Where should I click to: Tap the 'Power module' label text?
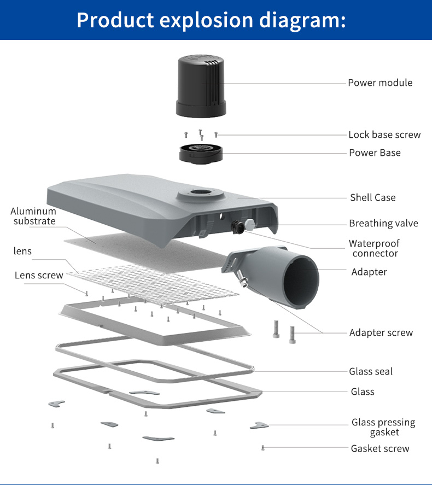380,83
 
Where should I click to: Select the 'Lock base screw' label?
384,135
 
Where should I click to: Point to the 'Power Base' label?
375,153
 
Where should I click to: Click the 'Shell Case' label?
372,197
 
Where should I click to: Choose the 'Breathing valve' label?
383,223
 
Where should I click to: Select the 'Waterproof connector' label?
375,248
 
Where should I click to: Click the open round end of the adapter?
300,276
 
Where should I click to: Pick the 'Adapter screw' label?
381,332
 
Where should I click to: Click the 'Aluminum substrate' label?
33,216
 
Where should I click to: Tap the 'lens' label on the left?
23,251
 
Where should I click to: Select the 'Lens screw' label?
39,275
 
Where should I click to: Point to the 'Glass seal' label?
371,371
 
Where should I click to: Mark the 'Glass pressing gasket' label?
383,427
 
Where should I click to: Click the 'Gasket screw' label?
380,448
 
